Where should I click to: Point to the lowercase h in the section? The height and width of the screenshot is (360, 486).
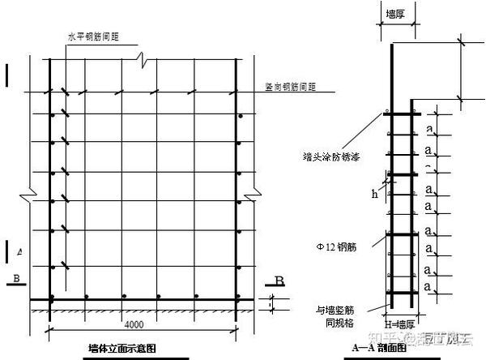coord(375,193)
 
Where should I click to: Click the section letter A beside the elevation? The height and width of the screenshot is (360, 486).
coord(19,253)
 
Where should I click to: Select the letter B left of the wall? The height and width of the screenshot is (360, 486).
coord(15,281)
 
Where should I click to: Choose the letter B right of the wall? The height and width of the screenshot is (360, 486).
coord(278,281)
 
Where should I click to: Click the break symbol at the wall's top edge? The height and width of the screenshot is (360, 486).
coord(143,59)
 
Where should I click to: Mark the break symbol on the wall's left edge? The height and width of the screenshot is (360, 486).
coord(31,195)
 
